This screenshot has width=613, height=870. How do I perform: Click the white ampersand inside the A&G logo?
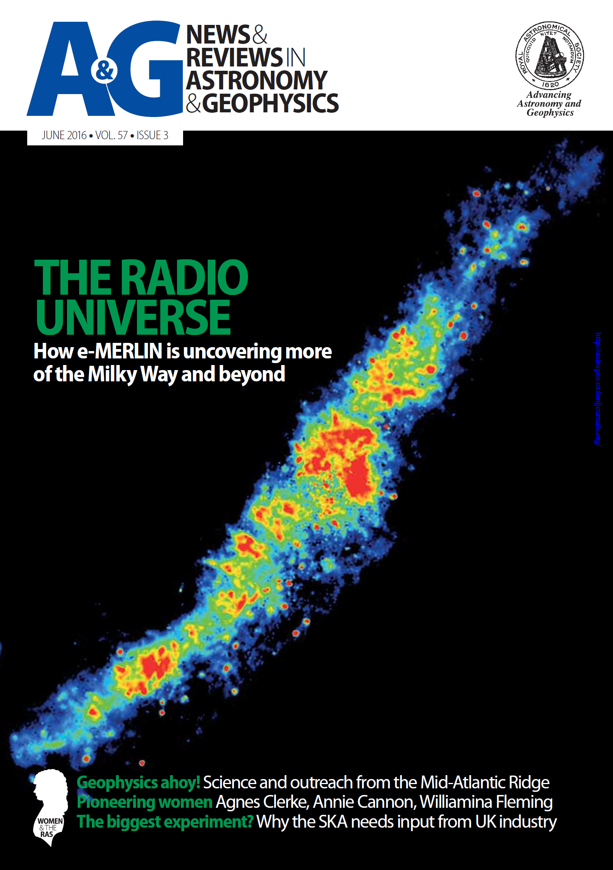104,70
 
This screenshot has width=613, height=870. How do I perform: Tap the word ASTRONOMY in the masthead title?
257,80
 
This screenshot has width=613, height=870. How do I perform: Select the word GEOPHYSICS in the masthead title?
271,103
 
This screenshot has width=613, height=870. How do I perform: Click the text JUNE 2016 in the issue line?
64,135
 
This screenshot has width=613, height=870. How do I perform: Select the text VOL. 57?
112,135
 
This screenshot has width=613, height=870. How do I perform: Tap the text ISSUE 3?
152,135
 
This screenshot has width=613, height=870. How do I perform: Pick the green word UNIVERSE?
133,317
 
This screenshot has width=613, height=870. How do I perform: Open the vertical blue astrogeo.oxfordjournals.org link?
599,389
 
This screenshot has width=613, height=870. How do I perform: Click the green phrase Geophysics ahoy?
138,783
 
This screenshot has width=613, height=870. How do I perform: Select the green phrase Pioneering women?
145,802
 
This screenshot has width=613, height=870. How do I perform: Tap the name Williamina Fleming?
486,802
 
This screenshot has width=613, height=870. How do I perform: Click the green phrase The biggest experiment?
165,822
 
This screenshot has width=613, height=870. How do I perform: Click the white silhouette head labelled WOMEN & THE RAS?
49,807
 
